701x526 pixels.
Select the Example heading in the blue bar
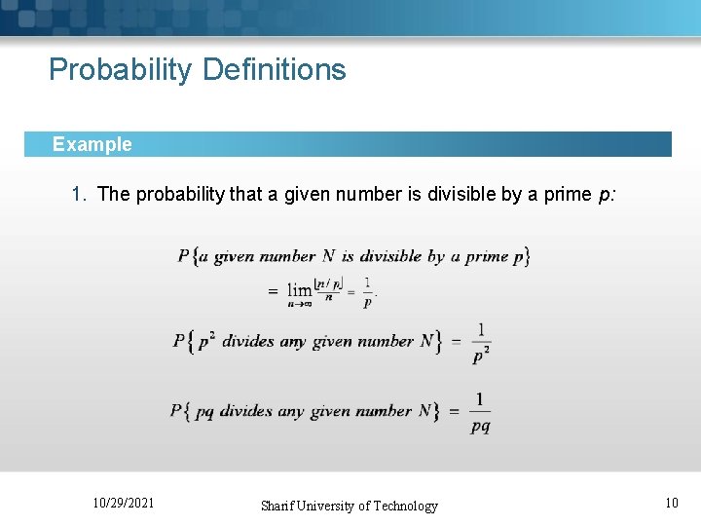92,144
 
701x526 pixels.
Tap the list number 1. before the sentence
81,194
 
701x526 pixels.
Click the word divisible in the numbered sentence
461,194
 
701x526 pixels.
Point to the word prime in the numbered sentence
567,194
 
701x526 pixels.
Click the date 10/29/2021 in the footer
123,503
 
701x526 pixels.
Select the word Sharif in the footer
279,506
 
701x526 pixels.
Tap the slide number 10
671,503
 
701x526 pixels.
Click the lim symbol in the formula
300,290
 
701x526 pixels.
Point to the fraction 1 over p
367,291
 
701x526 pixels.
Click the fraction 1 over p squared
480,342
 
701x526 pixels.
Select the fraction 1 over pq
480,412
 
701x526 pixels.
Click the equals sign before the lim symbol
273,291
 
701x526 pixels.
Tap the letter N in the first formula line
328,256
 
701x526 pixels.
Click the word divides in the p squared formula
248,342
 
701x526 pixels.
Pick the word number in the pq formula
384,411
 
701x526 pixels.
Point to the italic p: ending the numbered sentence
606,194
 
